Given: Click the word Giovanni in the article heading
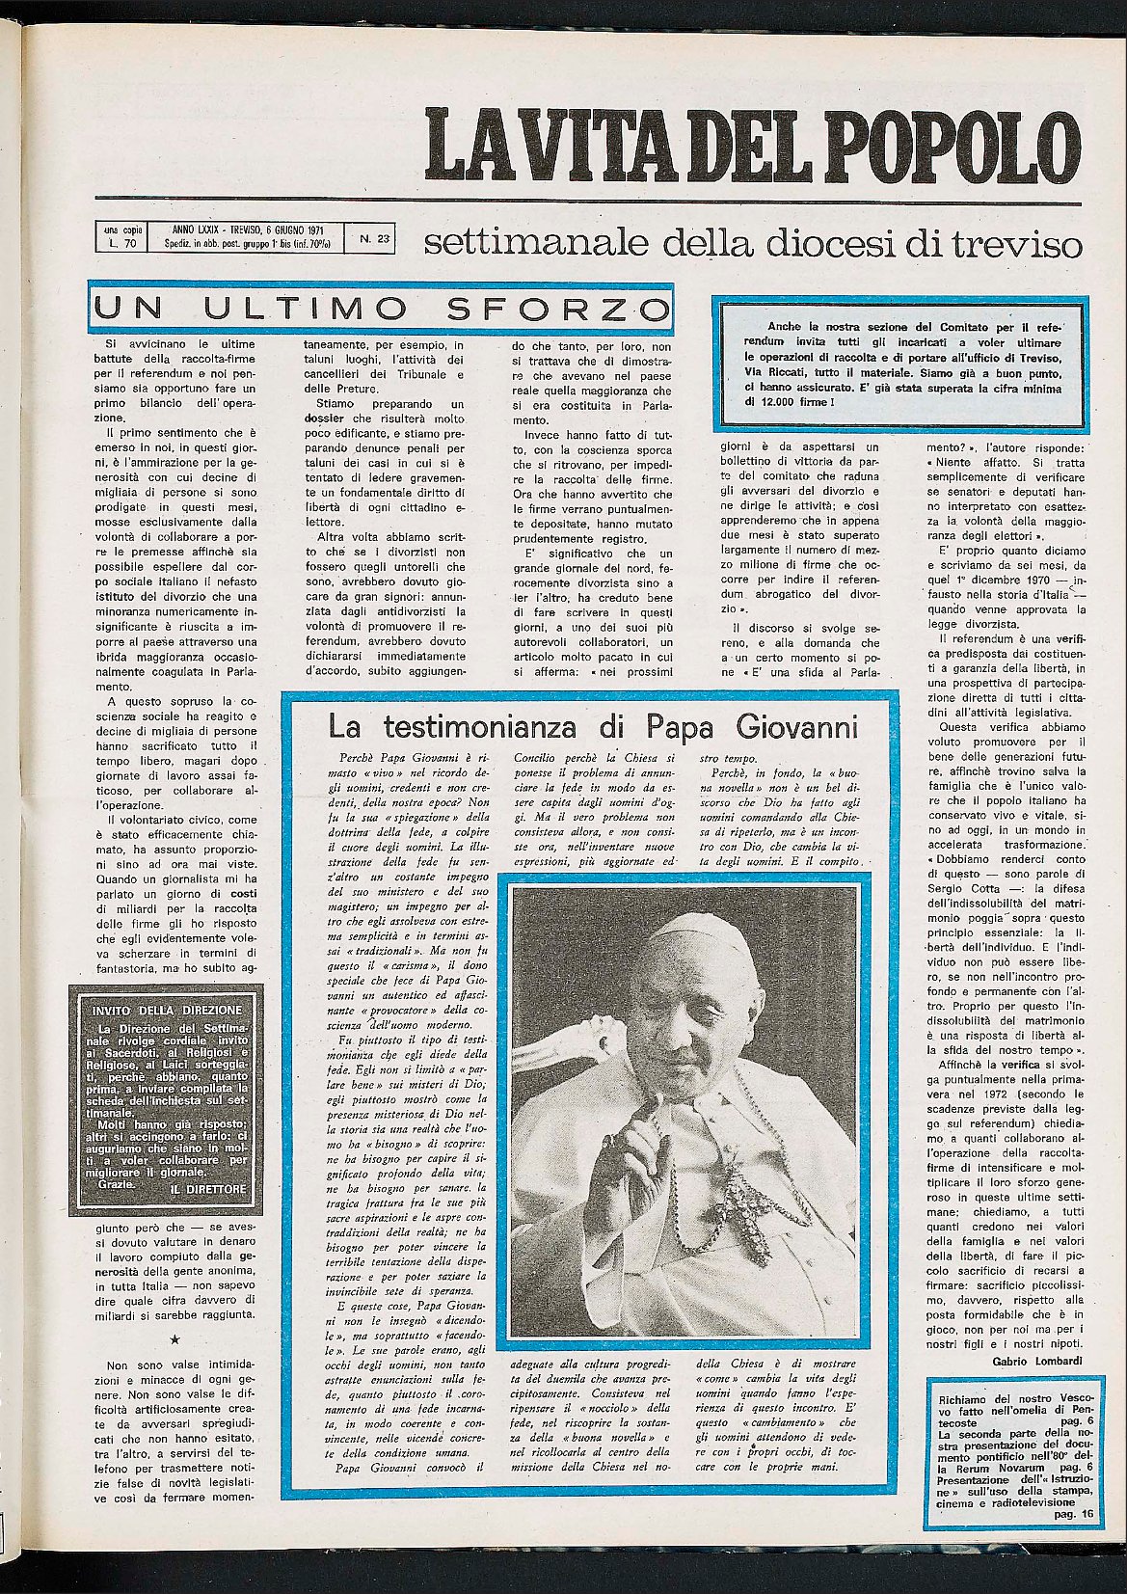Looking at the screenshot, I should (x=794, y=723).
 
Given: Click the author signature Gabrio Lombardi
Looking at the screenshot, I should (x=1035, y=1361).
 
